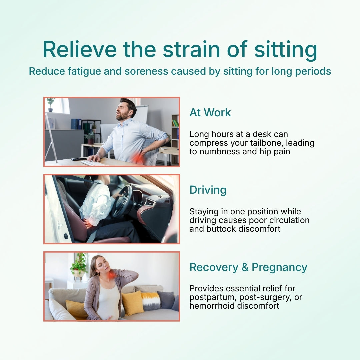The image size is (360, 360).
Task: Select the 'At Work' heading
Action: [210, 113]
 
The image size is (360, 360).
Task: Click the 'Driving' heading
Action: [208, 190]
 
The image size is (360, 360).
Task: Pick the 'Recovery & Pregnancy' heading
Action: [248, 267]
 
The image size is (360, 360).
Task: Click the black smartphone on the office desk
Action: [79, 159]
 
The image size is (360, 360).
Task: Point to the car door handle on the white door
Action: [60, 226]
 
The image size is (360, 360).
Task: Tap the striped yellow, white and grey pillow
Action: [150, 301]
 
